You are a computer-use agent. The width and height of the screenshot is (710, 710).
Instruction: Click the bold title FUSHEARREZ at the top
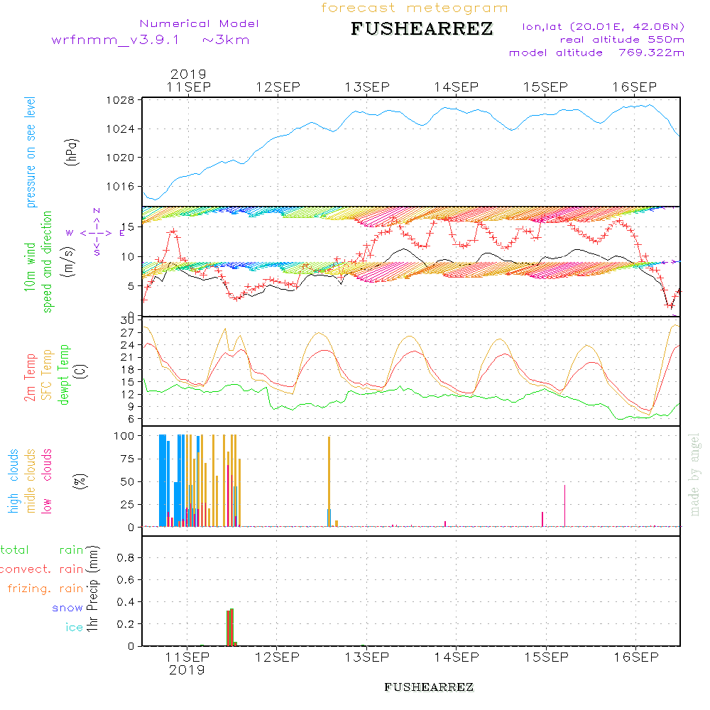coord(421,30)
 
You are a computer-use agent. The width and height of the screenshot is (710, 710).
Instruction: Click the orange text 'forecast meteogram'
coord(415,9)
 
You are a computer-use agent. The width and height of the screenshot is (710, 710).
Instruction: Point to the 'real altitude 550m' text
coord(621,40)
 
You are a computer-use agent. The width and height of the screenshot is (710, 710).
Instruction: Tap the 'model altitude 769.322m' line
coord(596,53)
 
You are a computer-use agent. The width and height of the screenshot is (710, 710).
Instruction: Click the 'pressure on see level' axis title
coord(31,153)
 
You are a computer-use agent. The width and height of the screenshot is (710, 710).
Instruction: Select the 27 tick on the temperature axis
coord(128,332)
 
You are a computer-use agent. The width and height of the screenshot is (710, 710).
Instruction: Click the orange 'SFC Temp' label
coord(48,375)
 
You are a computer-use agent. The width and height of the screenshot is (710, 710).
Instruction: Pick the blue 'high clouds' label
coord(13,481)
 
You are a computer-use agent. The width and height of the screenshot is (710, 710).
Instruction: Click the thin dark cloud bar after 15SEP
coord(564,505)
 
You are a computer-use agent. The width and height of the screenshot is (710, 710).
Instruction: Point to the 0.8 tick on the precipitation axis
coord(125,558)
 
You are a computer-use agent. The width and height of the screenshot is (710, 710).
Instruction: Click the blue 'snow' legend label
coord(67,608)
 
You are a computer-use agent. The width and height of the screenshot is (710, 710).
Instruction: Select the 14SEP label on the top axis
coord(457,87)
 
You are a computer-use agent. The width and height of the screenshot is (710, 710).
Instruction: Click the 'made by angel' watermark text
coord(695,474)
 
